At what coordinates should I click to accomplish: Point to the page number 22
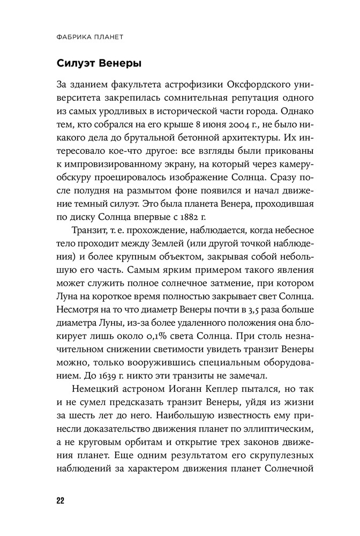(59, 501)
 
